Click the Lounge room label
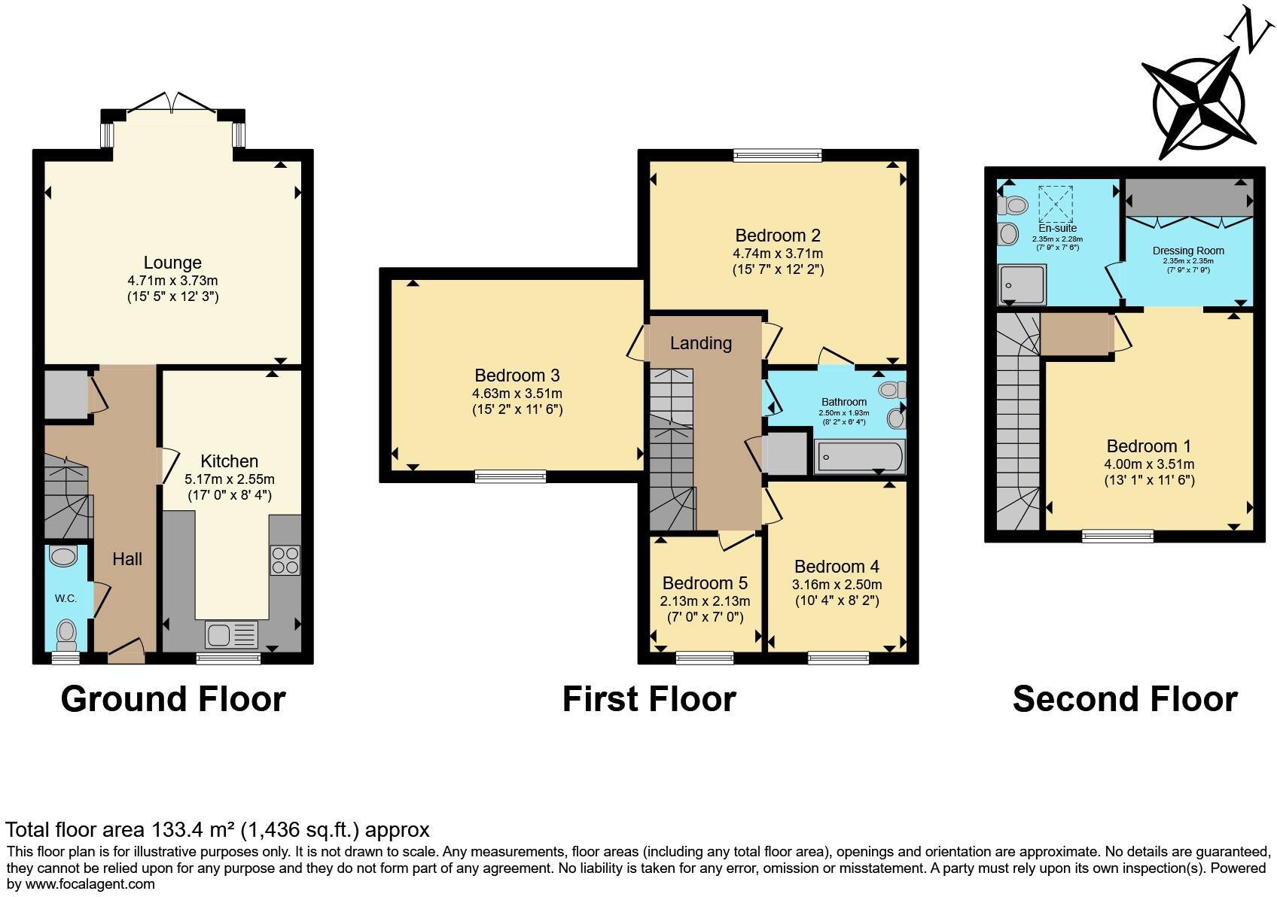(172, 263)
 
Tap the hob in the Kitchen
(285, 560)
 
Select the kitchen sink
(230, 634)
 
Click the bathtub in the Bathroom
(859, 456)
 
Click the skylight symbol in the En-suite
(1054, 200)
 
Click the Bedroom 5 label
(705, 583)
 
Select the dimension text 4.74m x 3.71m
(777, 254)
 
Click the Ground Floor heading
(172, 698)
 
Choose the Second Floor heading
(1124, 698)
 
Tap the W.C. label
(66, 598)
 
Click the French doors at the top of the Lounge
(173, 103)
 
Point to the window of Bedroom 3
(510, 476)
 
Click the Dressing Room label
(1188, 251)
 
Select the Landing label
(700, 343)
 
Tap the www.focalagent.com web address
(90, 884)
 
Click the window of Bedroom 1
(1117, 536)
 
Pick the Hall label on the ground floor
(127, 559)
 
